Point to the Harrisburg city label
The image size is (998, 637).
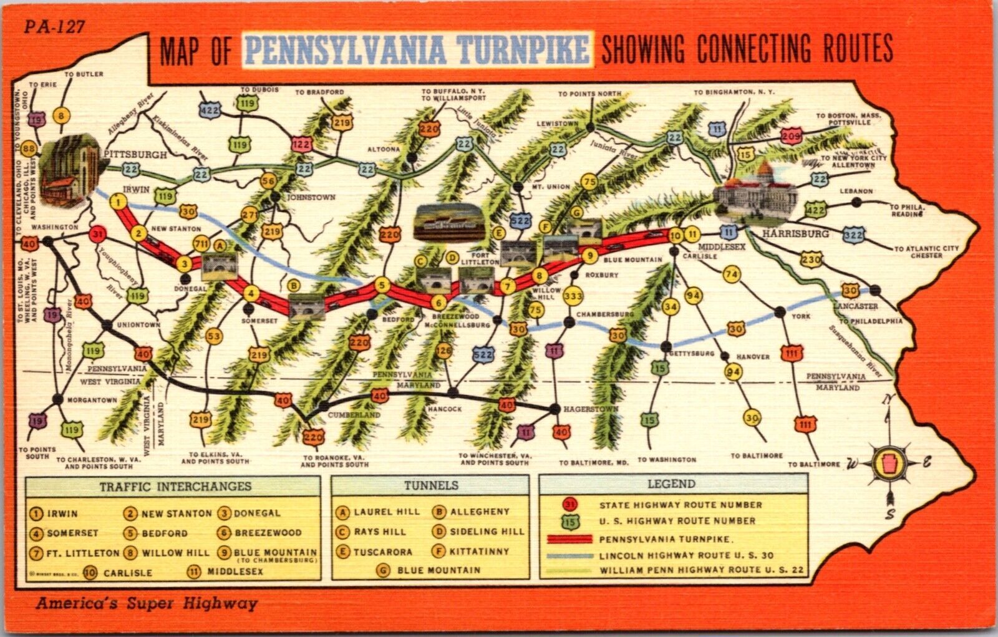(796, 233)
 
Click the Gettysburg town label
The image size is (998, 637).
(693, 353)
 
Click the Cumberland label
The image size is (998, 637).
(353, 415)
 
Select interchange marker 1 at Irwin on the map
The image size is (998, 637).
(118, 201)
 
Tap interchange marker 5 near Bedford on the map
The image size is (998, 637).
(382, 286)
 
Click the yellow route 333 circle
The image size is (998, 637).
(573, 296)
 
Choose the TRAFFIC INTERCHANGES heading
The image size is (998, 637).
(175, 486)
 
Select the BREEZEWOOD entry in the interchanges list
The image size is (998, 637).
(268, 533)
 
